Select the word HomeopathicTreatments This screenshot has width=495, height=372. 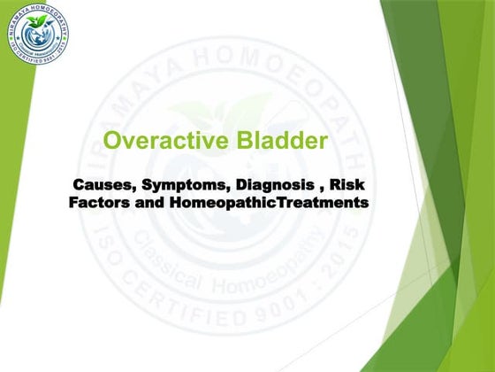(269, 202)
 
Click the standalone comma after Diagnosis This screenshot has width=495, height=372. (312, 188)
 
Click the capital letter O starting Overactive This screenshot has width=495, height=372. (112, 141)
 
